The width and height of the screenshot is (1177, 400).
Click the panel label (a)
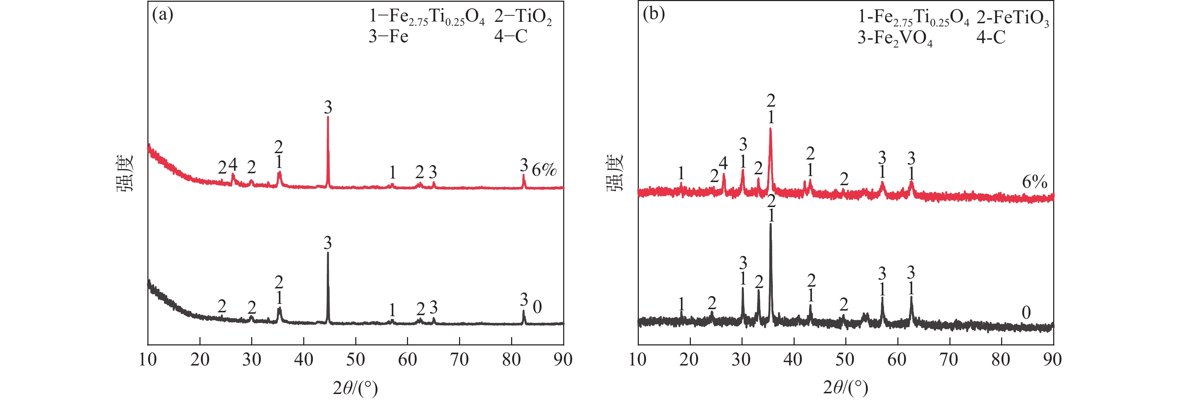(x=162, y=15)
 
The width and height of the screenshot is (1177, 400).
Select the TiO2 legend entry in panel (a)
(x=523, y=17)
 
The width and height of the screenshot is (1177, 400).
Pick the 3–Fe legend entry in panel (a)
(x=388, y=37)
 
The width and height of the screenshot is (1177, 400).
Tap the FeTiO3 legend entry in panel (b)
(x=1012, y=19)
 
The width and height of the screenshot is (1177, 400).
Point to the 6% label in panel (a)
(x=544, y=170)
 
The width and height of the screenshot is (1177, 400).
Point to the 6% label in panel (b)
(x=1035, y=182)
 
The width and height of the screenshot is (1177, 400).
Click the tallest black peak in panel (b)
(x=771, y=225)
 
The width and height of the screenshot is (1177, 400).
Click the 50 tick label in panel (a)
(x=356, y=360)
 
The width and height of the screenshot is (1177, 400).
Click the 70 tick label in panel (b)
(x=949, y=360)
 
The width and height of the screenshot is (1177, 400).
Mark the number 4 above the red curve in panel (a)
(x=233, y=164)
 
